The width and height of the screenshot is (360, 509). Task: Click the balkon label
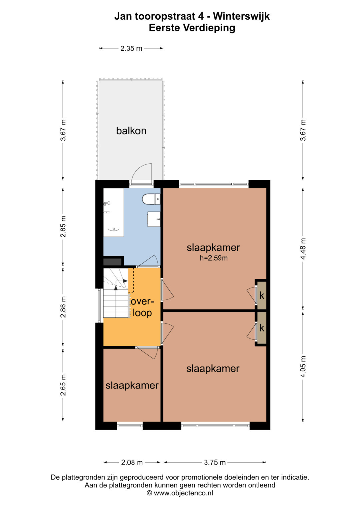point(131,131)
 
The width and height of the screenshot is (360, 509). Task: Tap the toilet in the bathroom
point(151,199)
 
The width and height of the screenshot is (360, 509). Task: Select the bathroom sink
point(154,219)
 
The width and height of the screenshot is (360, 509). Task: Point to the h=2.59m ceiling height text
point(214,258)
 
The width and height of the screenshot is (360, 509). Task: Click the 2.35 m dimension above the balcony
point(131,48)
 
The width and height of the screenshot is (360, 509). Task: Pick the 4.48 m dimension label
point(303,249)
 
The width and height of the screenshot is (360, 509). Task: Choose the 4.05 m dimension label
point(303,367)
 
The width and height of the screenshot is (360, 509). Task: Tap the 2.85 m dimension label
point(63,227)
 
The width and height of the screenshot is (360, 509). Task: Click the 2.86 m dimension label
point(63,307)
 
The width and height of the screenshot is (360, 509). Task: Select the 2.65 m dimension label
point(63,385)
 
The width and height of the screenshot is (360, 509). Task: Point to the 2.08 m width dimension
point(132,462)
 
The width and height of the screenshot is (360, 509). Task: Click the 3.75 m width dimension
point(215,462)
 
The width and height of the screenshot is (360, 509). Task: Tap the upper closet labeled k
point(262,296)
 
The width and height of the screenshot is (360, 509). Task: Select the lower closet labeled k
point(262,328)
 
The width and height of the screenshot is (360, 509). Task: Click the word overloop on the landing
point(142,307)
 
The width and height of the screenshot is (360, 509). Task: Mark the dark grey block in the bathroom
point(113,262)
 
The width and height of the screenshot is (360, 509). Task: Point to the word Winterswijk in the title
point(241,16)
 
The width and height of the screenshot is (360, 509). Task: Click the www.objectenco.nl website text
point(183,499)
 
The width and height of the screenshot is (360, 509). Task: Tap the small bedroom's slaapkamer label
point(132,385)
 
